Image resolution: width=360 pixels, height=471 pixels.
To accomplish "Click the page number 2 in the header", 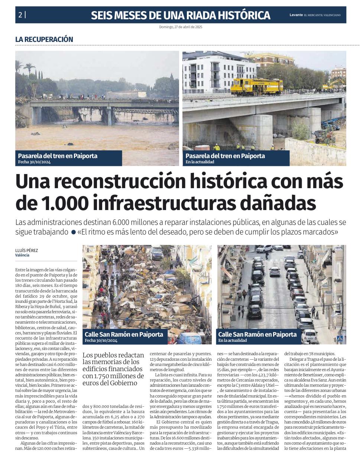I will tap(20, 15).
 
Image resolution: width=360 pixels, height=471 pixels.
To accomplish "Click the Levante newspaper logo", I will tap(296, 15).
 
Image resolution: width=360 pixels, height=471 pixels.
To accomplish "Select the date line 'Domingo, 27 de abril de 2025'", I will tap(181, 27).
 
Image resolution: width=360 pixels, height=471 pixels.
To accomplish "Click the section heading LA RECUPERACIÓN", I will tap(44, 39).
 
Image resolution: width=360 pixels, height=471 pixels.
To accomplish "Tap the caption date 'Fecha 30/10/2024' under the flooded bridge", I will tap(34, 162).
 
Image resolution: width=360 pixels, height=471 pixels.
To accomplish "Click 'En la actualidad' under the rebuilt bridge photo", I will tap(200, 162).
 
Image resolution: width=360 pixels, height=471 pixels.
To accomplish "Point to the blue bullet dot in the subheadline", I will tap(74, 233).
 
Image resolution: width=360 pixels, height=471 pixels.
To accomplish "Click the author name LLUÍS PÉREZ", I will tap(26, 251).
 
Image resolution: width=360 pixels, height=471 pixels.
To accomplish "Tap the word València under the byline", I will tap(22, 255).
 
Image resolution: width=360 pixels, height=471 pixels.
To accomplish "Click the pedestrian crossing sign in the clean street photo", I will tap(340, 338).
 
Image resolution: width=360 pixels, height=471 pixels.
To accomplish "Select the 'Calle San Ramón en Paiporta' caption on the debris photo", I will tap(124, 334).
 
